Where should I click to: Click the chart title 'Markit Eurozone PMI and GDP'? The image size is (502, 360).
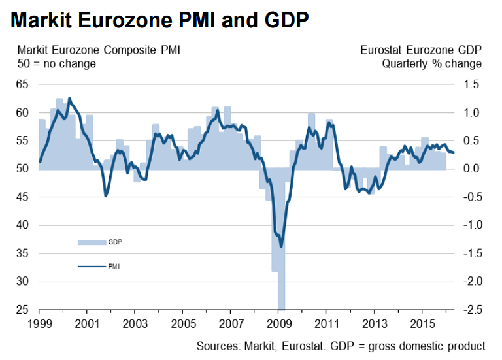tap(159, 21)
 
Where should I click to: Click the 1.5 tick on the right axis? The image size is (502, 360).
tap(472, 84)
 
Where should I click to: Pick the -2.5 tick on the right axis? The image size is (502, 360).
tap(470, 310)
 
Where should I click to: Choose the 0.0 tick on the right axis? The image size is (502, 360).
tap(472, 169)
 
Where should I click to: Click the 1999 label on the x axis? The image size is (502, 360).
tap(39, 323)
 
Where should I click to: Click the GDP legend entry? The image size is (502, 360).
tap(115, 242)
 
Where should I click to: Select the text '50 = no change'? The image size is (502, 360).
tap(57, 64)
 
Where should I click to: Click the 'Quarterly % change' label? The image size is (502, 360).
tap(432, 64)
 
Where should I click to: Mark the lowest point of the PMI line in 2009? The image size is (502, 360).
tap(281, 246)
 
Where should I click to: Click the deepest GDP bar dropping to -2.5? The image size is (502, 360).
tap(281, 287)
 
